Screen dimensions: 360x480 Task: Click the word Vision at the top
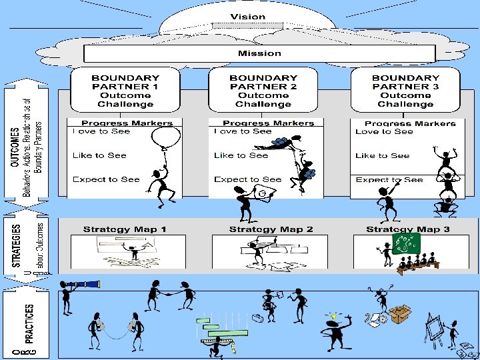point(247,17)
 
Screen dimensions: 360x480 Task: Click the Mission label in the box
point(259,53)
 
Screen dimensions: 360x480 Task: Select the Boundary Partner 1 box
point(125,91)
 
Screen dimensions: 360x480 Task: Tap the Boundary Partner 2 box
point(263,91)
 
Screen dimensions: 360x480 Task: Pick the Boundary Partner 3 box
point(405,91)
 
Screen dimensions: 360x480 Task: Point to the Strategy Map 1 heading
point(125,229)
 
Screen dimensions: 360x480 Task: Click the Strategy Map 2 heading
point(271,229)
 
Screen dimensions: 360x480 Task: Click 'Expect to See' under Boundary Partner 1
point(105,179)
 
